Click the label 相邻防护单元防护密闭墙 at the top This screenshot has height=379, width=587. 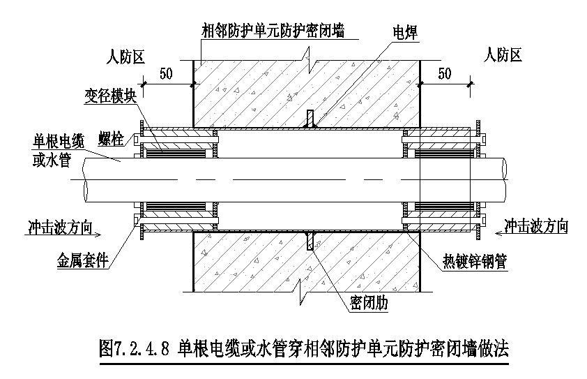[x=274, y=30]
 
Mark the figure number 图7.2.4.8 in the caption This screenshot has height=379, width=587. [x=135, y=348]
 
